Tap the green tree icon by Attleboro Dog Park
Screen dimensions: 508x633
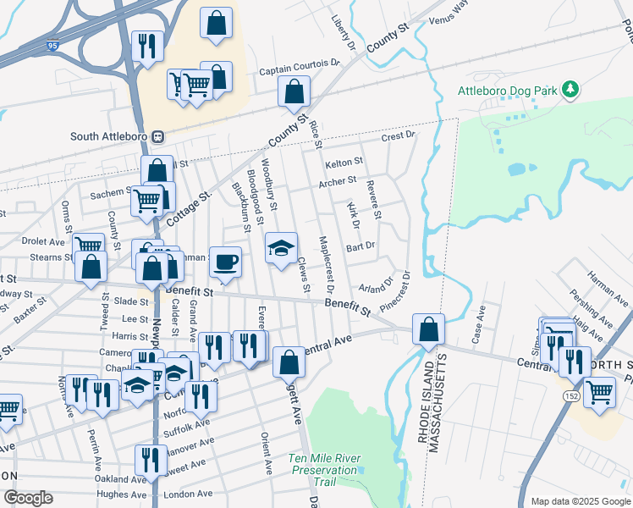pyautogui.click(x=571, y=89)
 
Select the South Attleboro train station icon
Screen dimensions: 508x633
pyautogui.click(x=157, y=136)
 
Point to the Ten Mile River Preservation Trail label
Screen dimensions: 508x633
pyautogui.click(x=322, y=470)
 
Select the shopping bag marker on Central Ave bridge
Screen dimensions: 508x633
pyautogui.click(x=429, y=329)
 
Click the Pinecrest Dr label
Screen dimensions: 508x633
pyautogui.click(x=398, y=290)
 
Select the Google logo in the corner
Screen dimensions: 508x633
pyautogui.click(x=27, y=498)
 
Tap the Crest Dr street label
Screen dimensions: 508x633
pyautogui.click(x=398, y=135)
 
